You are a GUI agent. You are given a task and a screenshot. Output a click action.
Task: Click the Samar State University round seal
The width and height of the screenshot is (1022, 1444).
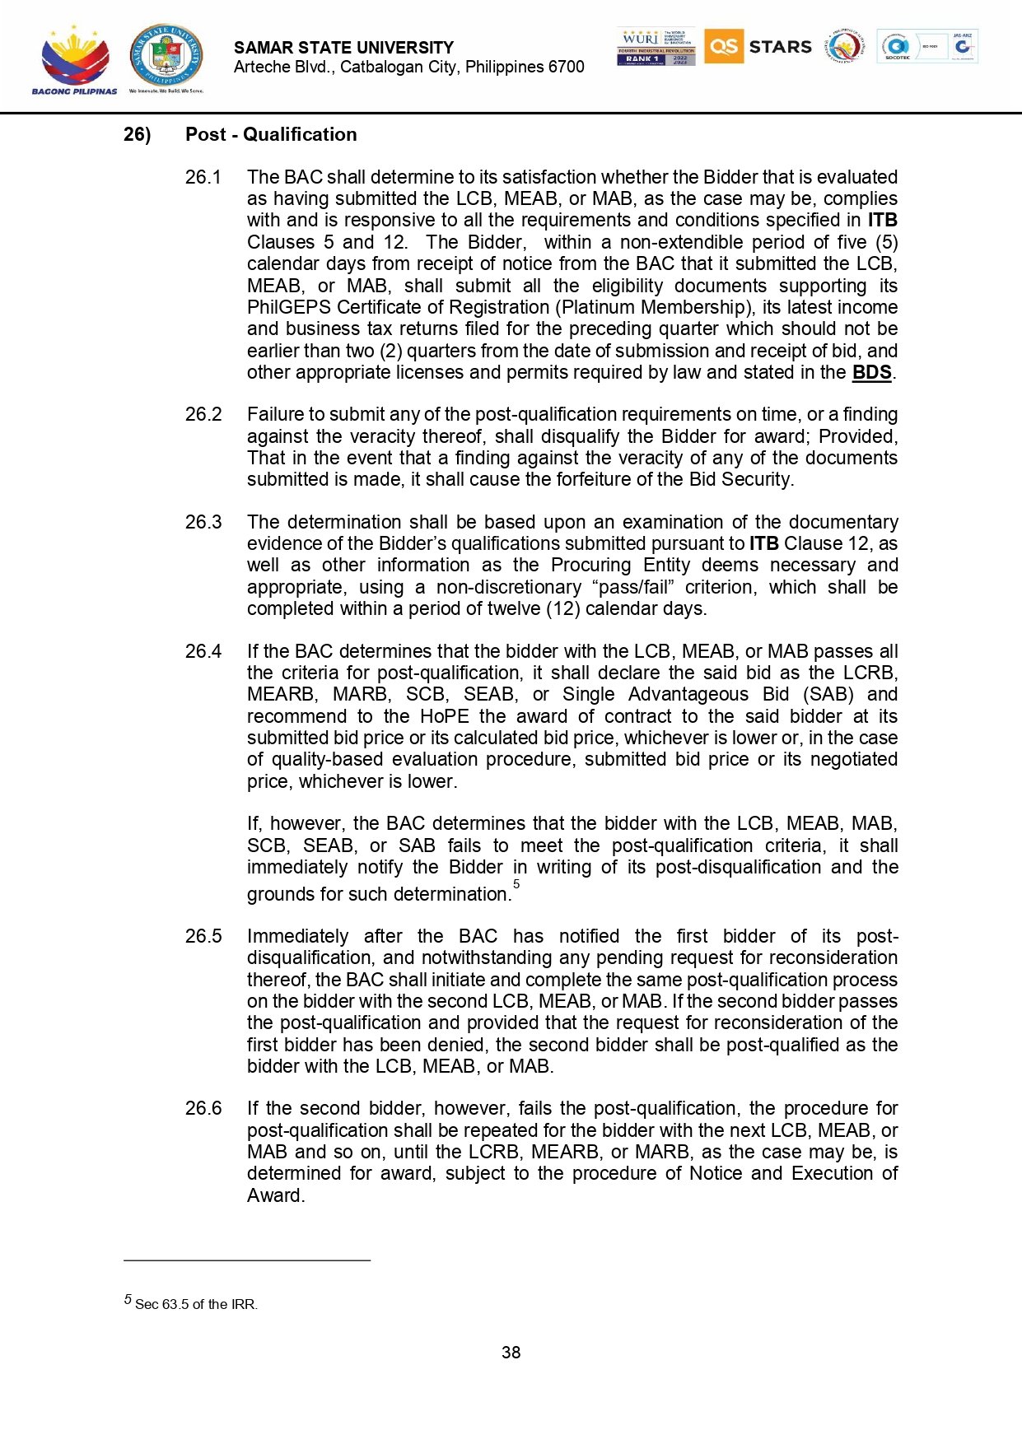166,56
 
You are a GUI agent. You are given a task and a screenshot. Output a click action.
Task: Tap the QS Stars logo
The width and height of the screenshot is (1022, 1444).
758,47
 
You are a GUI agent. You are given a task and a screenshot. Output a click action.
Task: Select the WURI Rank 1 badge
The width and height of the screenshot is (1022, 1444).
656,47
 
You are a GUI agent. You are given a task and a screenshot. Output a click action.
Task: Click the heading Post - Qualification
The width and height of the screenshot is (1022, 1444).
271,134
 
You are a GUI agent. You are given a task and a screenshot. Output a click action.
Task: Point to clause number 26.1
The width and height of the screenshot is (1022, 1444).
203,177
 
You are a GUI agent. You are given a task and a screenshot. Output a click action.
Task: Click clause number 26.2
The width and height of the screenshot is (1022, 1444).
203,414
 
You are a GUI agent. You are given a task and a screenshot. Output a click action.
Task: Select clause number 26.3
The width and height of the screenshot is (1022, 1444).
203,522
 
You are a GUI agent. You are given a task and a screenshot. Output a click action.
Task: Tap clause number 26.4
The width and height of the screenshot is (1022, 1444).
203,651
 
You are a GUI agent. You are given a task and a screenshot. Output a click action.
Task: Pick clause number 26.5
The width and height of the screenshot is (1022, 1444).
203,936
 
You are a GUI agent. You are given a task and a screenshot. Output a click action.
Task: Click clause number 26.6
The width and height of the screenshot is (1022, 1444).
203,1108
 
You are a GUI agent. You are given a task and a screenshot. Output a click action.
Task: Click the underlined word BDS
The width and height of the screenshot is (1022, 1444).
871,372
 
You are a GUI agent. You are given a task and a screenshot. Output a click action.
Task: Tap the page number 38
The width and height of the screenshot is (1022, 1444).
511,1353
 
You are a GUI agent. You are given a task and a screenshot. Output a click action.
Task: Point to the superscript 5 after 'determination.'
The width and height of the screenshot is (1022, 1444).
516,884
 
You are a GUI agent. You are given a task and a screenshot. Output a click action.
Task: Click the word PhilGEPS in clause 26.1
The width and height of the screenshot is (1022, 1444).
288,307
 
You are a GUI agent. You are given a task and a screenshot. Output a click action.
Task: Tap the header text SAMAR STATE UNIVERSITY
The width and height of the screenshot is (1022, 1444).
343,48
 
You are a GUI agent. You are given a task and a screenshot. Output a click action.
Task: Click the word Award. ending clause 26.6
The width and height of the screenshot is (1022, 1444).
276,1195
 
